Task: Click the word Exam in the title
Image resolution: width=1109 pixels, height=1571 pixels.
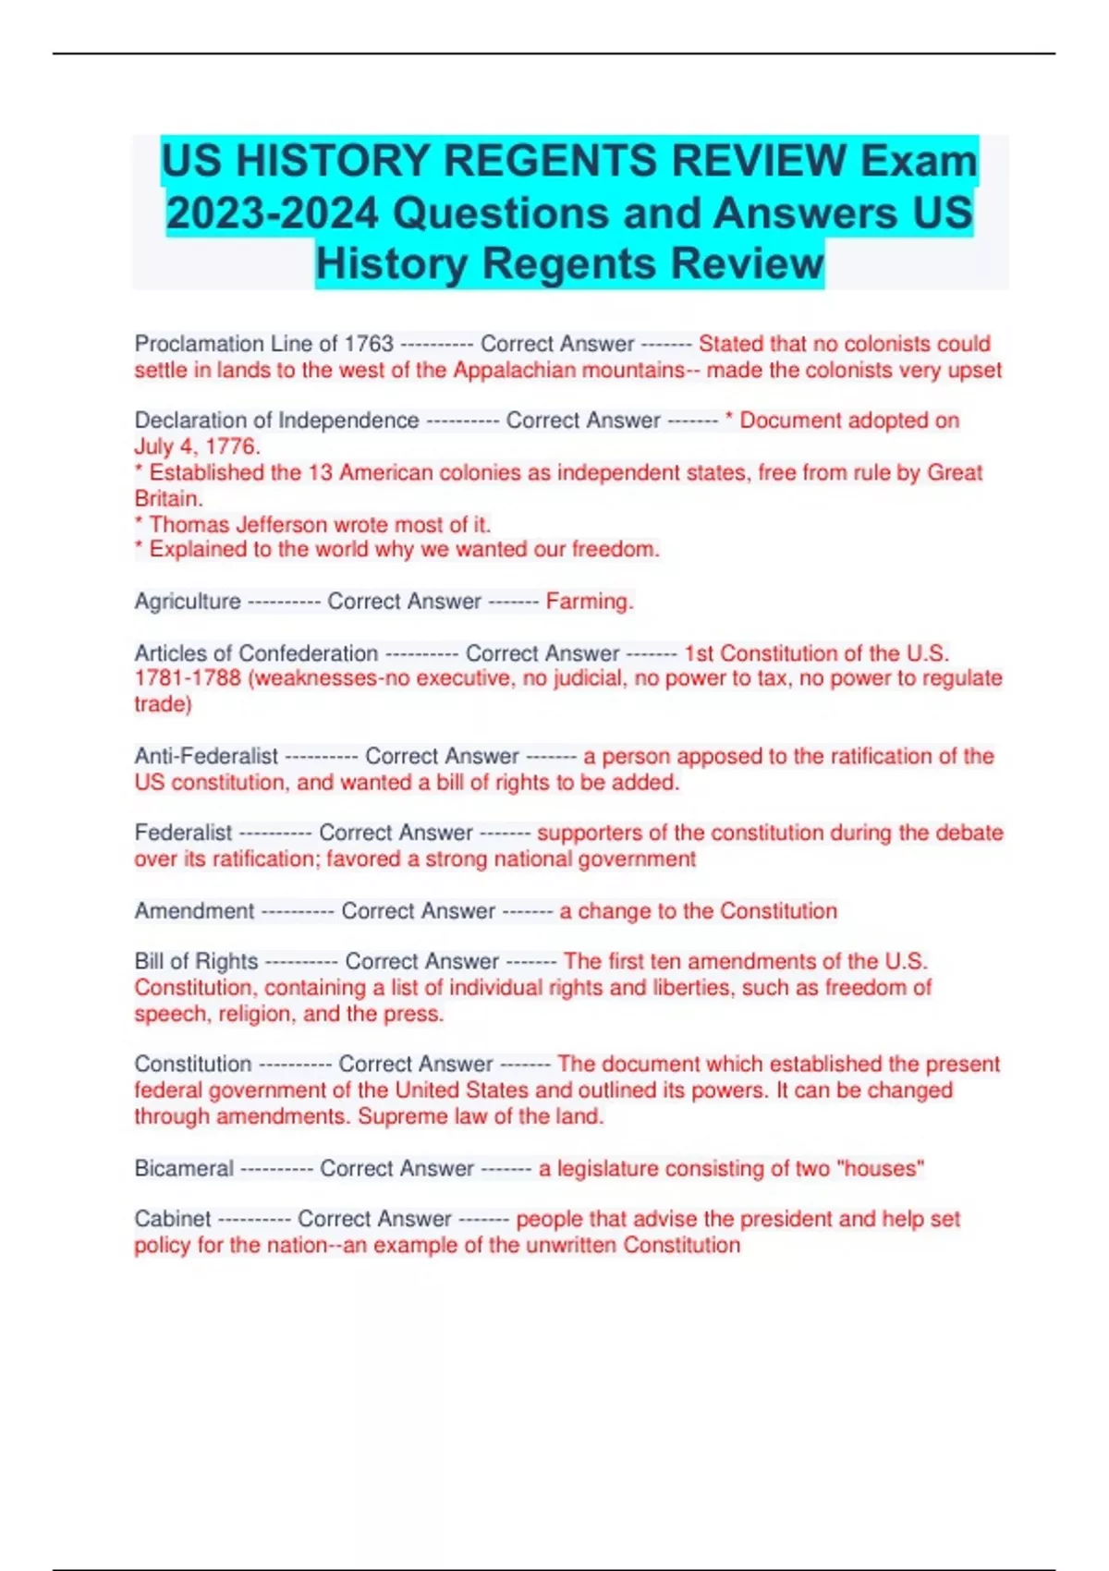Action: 919,161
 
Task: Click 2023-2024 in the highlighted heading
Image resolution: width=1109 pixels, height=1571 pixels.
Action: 273,213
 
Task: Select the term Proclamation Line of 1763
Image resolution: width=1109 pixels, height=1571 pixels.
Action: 264,344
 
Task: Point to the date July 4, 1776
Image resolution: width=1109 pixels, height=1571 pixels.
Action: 196,446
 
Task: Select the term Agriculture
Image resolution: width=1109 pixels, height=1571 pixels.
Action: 188,602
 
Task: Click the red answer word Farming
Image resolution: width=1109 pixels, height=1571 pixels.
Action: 589,602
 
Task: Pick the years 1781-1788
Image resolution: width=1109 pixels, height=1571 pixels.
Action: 189,678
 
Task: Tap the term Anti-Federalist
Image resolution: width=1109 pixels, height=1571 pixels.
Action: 206,756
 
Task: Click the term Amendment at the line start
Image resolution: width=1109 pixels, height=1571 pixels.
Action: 194,911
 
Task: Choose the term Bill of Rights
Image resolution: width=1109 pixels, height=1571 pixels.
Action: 196,962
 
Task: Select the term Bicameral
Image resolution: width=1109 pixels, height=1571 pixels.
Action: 184,1169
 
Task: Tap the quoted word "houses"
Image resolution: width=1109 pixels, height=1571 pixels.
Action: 880,1169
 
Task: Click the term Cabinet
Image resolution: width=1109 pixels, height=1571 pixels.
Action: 173,1219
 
